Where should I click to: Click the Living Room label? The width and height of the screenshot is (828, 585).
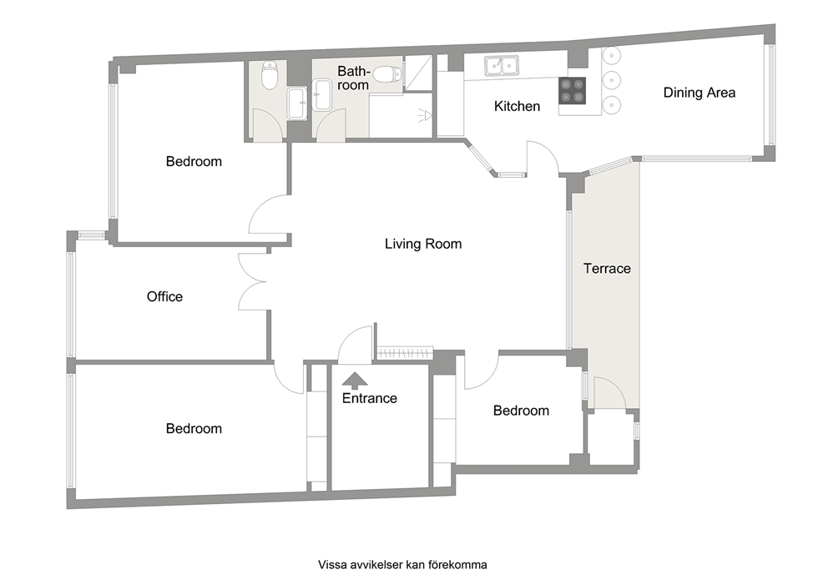pos(422,245)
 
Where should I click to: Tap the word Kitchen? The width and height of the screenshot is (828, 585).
pos(517,106)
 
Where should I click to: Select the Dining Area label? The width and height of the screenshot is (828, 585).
pos(699,93)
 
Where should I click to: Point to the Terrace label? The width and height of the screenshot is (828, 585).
pos(607,269)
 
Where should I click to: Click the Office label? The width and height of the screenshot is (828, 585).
pos(164,296)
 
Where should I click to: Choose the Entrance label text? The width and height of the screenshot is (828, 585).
pos(369,398)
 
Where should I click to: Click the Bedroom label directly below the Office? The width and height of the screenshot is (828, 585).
pos(194,428)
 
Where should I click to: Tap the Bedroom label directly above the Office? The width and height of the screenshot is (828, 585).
pos(194,161)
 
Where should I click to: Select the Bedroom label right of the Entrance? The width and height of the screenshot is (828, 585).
pos(521,410)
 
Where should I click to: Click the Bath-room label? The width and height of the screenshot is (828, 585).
pos(353,78)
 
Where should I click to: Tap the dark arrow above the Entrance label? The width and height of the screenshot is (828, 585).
pos(354,381)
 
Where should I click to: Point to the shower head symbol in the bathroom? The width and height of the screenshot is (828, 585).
pos(427,115)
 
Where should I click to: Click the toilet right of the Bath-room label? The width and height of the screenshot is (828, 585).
pos(386,75)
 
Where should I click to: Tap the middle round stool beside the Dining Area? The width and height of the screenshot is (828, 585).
pos(612,80)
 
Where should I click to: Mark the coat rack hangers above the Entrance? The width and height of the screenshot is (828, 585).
pos(405,353)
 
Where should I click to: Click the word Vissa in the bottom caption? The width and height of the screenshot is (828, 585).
pos(333,565)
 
